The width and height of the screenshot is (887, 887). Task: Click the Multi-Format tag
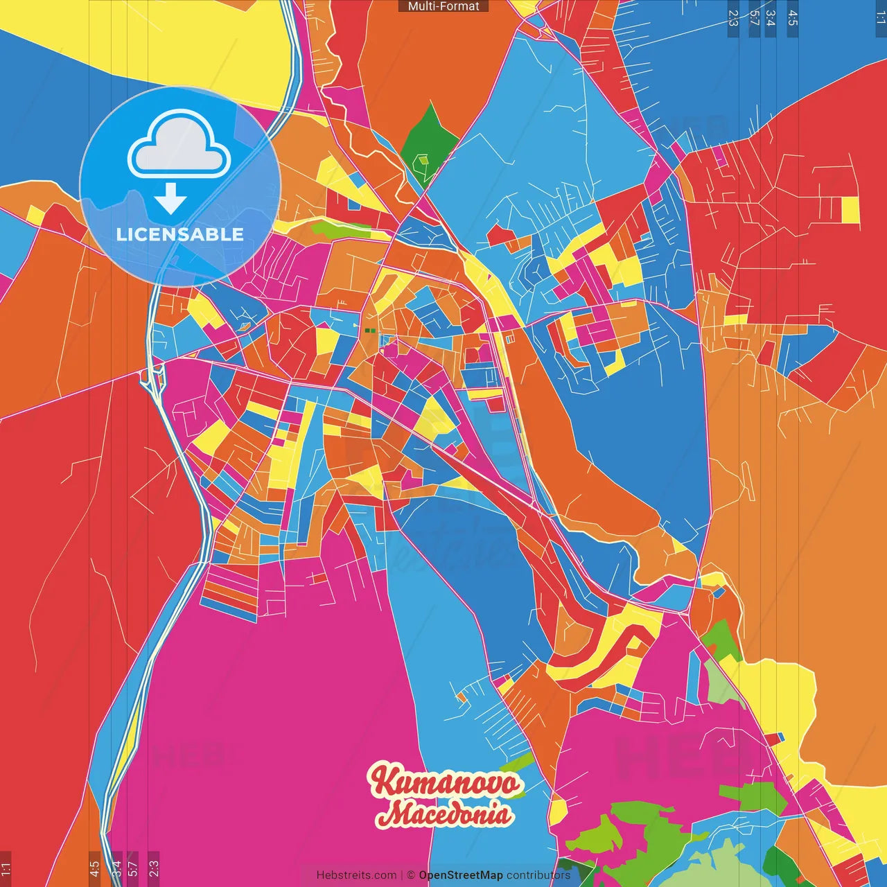tap(443, 6)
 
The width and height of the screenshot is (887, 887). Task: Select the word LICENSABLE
tap(179, 234)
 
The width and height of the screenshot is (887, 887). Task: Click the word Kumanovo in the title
tap(446, 782)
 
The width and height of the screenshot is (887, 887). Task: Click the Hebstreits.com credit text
tap(356, 875)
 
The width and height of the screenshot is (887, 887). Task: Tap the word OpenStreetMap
tap(461, 875)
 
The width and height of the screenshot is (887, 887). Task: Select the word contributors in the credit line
tap(538, 875)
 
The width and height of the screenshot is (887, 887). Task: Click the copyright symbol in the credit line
tap(410, 875)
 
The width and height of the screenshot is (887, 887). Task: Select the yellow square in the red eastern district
tap(850, 210)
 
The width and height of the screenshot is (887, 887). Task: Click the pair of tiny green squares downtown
tap(370, 331)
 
